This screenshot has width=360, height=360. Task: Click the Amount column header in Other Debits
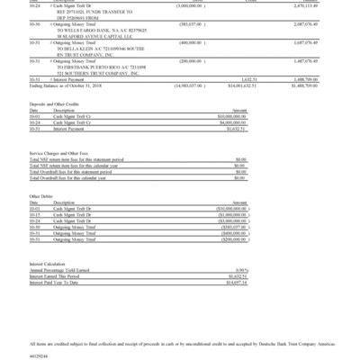236,229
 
